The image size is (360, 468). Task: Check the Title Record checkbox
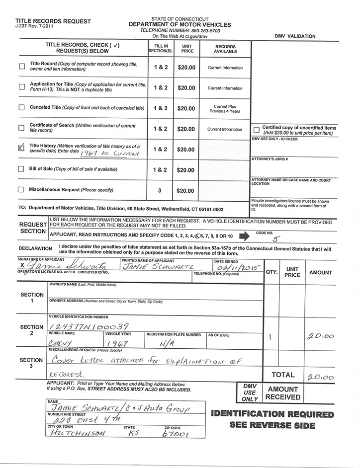click(x=21, y=67)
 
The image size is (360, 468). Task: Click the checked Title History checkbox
click(x=21, y=147)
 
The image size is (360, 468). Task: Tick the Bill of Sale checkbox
click(x=21, y=169)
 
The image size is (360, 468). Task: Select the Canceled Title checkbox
click(x=21, y=107)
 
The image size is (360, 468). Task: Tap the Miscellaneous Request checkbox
click(x=21, y=189)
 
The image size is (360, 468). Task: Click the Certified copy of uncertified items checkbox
click(x=256, y=130)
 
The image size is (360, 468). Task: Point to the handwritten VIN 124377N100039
click(x=89, y=326)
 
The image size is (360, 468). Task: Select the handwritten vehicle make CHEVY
click(x=61, y=343)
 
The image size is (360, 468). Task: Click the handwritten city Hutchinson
click(x=78, y=434)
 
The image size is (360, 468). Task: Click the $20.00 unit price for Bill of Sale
click(x=186, y=170)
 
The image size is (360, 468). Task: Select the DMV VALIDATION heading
click(x=294, y=36)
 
